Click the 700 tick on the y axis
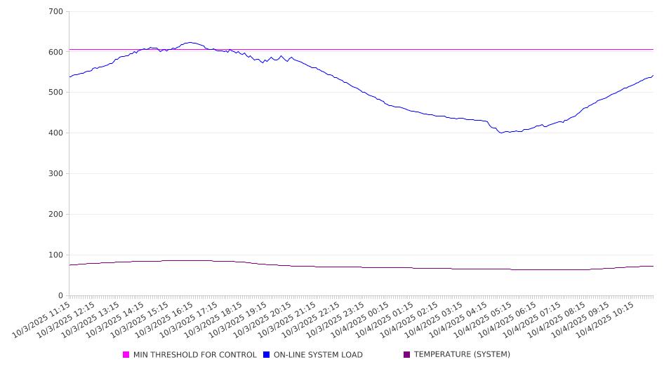click(56, 12)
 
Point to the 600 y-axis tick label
click(56, 52)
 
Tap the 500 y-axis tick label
click(56, 93)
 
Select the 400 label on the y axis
click(56, 133)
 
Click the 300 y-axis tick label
click(56, 174)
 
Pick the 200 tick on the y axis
click(56, 215)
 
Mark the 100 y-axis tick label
click(56, 255)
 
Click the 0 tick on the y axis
click(61, 295)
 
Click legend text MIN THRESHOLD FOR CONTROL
click(194, 355)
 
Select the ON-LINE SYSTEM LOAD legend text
click(318, 355)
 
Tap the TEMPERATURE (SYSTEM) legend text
click(462, 355)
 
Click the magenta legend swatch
click(126, 355)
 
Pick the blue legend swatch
click(267, 355)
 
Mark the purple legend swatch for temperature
click(407, 355)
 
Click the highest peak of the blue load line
click(190, 42)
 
